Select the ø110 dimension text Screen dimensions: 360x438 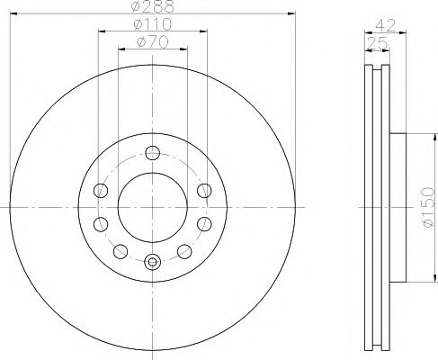point(151,24)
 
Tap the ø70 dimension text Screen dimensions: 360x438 point(151,41)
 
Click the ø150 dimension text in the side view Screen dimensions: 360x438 point(425,207)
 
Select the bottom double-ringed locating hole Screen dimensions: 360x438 point(152,262)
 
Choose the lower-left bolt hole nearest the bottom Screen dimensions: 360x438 point(120,251)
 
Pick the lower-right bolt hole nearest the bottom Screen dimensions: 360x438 point(183,251)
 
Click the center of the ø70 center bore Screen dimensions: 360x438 point(152,207)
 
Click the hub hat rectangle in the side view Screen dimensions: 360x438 point(399,207)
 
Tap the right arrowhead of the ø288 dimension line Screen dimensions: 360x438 point(291,14)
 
